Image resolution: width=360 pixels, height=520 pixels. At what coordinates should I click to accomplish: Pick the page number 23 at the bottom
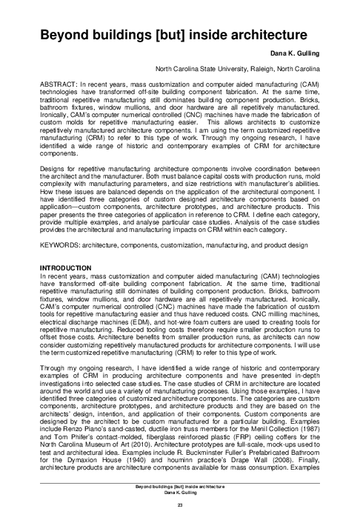(x=180, y=504)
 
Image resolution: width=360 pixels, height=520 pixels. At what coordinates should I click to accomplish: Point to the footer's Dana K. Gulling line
(x=180, y=492)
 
